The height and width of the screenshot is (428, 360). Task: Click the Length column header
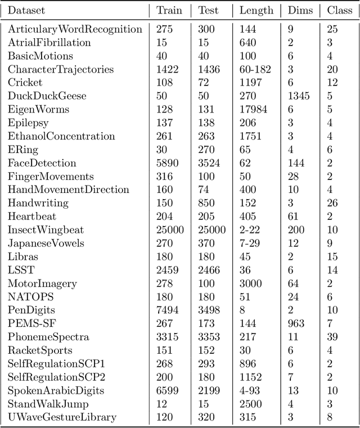pos(256,10)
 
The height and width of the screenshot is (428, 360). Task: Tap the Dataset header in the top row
pos(26,10)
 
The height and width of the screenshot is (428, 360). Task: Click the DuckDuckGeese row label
pos(47,96)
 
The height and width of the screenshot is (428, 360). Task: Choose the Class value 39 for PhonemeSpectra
pos(332,337)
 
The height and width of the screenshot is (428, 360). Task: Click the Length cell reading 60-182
pos(255,70)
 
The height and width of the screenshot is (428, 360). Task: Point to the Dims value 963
pos(296,323)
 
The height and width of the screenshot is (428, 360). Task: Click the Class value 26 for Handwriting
pos(332,203)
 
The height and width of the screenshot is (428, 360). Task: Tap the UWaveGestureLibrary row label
pos(62,417)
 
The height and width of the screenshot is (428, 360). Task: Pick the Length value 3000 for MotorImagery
pos(250,283)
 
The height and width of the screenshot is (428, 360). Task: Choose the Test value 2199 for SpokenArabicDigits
pos(208,390)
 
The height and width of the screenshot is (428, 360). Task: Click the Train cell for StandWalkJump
pos(162,404)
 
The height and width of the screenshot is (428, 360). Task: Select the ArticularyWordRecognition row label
pos(75,29)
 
